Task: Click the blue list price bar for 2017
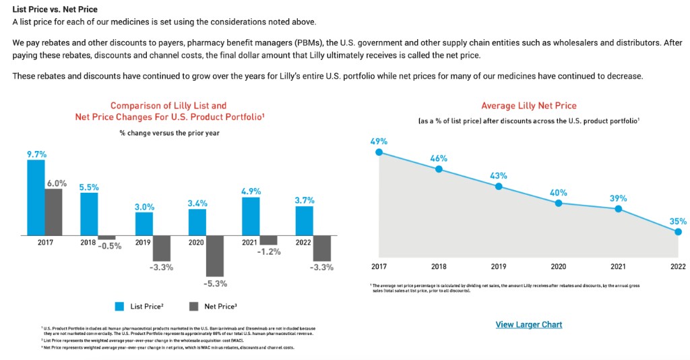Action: click(36, 197)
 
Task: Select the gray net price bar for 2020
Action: click(215, 256)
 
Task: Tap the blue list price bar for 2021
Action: click(251, 216)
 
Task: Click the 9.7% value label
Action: click(36, 154)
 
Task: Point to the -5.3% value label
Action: click(216, 283)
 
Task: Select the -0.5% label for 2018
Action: click(110, 246)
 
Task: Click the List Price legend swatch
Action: click(119, 306)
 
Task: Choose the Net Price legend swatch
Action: click(193, 306)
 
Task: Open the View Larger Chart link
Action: click(528, 325)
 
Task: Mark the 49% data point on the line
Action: click(379, 152)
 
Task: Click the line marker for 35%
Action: click(678, 232)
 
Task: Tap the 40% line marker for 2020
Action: click(559, 203)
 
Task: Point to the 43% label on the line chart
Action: click(499, 175)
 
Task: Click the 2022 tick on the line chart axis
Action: click(678, 266)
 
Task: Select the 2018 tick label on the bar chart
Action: click(88, 242)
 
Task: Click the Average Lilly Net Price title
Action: click(528, 106)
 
